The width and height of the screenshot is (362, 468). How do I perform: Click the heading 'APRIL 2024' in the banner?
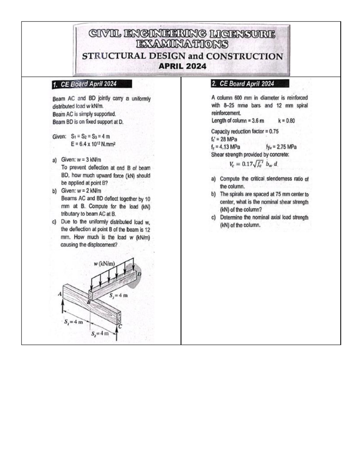tap(182, 66)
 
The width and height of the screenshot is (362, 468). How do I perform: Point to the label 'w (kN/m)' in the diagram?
tap(104, 264)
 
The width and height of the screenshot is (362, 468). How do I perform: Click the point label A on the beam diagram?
tap(60, 294)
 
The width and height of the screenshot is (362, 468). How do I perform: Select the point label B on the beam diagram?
tap(89, 302)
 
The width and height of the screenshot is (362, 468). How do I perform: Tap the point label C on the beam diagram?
tap(120, 326)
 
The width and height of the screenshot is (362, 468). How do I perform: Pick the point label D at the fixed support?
tap(139, 274)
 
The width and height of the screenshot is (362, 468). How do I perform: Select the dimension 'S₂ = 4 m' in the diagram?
tap(100, 333)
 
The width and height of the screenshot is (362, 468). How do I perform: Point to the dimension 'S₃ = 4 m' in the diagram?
tap(119, 295)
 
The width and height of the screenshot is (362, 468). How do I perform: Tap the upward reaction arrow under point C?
tap(116, 335)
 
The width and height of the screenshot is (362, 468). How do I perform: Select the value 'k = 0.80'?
tap(286, 121)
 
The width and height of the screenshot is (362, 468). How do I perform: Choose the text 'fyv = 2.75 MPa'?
tap(281, 147)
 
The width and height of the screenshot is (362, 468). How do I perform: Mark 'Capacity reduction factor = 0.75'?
tap(245, 131)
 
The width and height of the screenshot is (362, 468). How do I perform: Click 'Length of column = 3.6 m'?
tap(237, 121)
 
